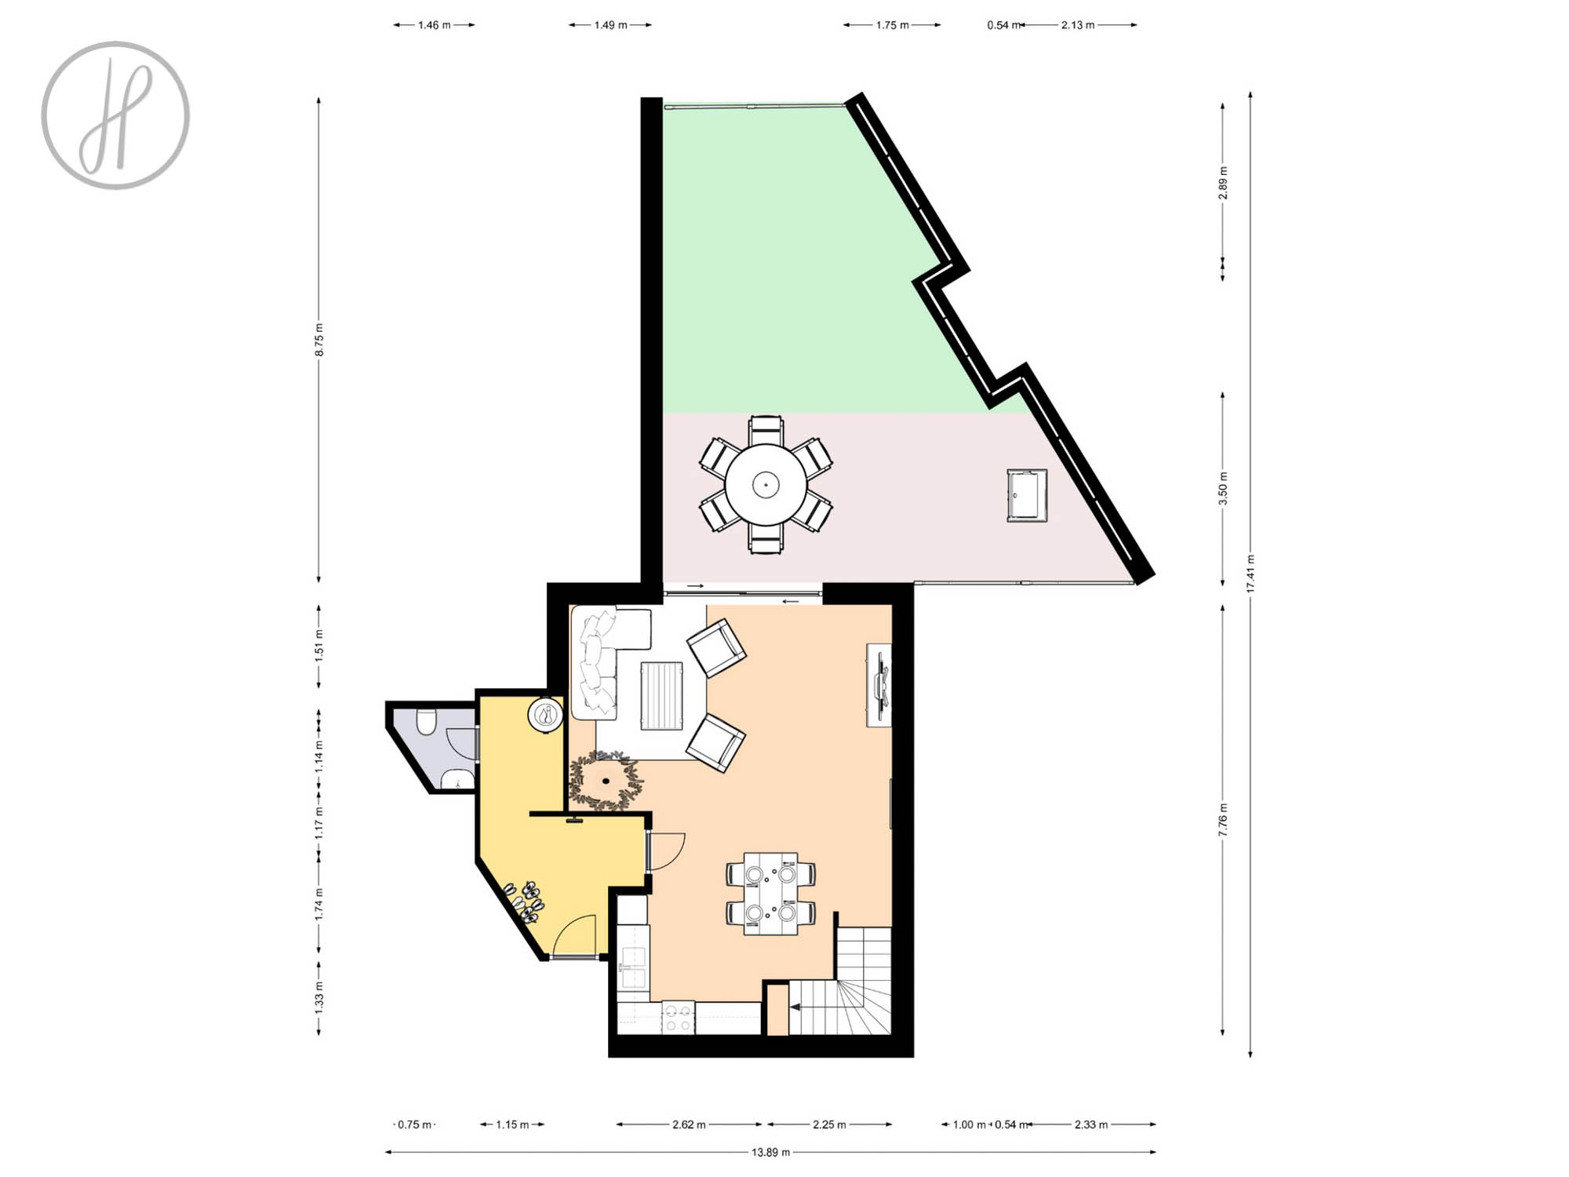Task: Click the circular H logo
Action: [x=115, y=115]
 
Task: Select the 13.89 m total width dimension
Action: [x=770, y=1152]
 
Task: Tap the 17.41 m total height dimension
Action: [x=1250, y=574]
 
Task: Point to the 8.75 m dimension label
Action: [x=319, y=340]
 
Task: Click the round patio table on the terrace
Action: [x=766, y=484]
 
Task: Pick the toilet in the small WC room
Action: [x=426, y=721]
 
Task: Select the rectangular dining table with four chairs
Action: [x=770, y=894]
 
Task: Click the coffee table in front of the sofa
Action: [x=661, y=696]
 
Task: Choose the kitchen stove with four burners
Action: [x=679, y=1018]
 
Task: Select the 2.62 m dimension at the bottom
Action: [x=689, y=1124]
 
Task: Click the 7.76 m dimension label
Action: [x=1222, y=820]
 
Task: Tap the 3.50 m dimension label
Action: [x=1222, y=488]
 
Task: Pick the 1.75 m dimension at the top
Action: [x=892, y=25]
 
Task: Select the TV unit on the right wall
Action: [x=879, y=685]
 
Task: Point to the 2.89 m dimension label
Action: [x=1222, y=183]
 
